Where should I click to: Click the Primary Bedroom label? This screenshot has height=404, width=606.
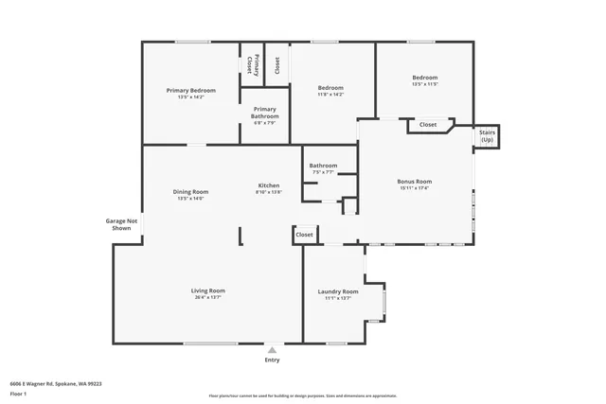click(x=190, y=90)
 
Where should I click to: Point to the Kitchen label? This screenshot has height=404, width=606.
click(x=269, y=184)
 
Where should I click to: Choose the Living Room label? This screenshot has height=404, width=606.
click(x=207, y=290)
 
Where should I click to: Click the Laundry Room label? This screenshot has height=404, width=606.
click(x=338, y=290)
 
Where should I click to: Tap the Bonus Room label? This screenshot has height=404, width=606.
click(x=414, y=181)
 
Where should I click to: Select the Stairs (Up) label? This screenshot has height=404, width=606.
click(x=487, y=135)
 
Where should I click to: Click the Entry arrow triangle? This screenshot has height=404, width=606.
click(x=272, y=349)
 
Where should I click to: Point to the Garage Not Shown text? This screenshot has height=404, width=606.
click(x=122, y=224)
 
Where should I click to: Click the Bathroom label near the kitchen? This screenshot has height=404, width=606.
click(x=323, y=166)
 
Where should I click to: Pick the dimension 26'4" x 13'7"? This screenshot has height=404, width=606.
click(x=207, y=298)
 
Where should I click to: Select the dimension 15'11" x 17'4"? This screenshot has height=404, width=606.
click(x=414, y=188)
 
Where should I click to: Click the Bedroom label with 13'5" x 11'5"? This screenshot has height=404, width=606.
click(x=424, y=77)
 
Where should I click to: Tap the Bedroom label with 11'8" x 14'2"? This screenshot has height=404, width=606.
click(x=330, y=87)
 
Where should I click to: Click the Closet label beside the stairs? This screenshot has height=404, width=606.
click(x=428, y=124)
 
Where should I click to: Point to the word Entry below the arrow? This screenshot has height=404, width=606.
click(x=272, y=360)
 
